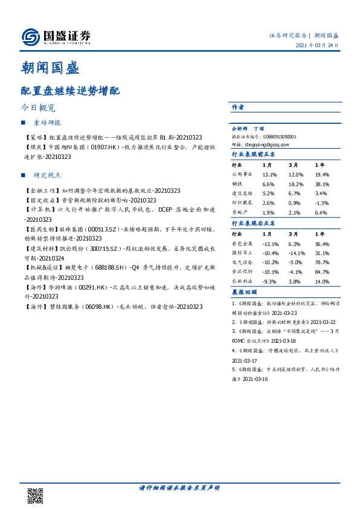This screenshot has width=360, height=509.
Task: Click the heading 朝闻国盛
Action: point(50,67)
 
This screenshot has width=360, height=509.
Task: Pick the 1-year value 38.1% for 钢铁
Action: point(322,184)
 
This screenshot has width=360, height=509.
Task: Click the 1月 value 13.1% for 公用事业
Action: point(269,174)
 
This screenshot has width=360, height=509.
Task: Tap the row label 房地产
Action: point(240,213)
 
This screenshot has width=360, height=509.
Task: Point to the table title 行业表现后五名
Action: point(253,223)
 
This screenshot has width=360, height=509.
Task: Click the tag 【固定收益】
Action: point(39,199)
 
